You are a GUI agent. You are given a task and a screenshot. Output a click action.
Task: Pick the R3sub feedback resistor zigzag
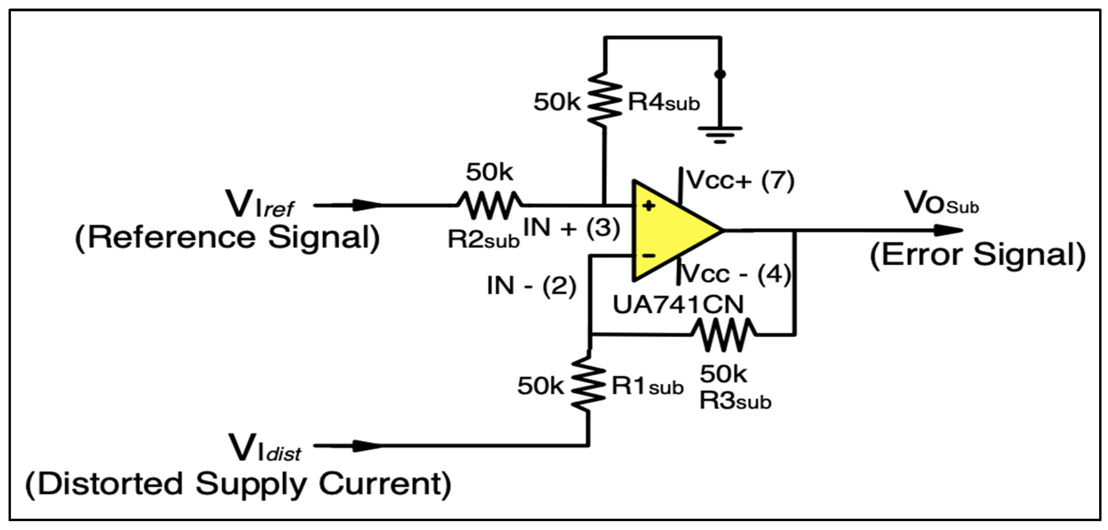pos(723,334)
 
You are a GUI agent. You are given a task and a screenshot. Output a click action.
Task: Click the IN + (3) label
pos(571,227)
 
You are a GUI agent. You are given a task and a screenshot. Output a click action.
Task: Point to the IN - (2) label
pos(531,286)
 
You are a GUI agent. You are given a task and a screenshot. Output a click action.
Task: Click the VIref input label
pos(260,206)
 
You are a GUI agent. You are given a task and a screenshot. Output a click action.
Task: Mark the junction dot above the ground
pos(720,74)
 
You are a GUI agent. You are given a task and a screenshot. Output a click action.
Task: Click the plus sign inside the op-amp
pos(648,206)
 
